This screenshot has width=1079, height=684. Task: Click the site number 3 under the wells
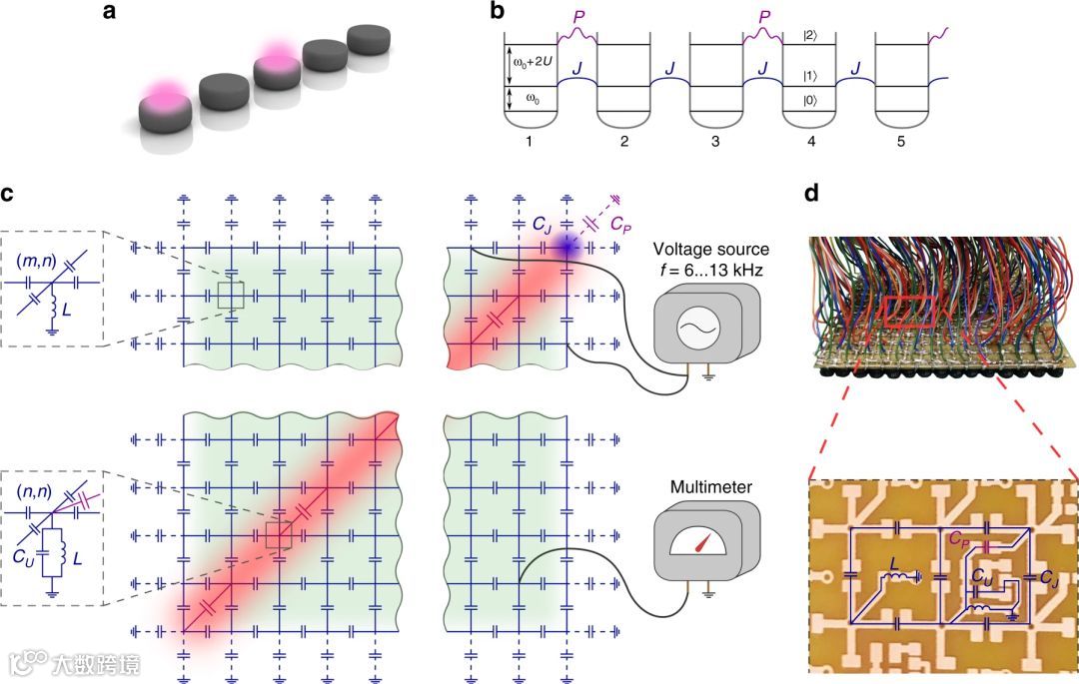tap(715, 143)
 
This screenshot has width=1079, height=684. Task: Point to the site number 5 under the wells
tap(900, 143)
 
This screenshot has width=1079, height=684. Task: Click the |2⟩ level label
tap(809, 36)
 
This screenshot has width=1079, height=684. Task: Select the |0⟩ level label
tap(809, 100)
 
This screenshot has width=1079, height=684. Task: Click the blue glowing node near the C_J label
tap(565, 247)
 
